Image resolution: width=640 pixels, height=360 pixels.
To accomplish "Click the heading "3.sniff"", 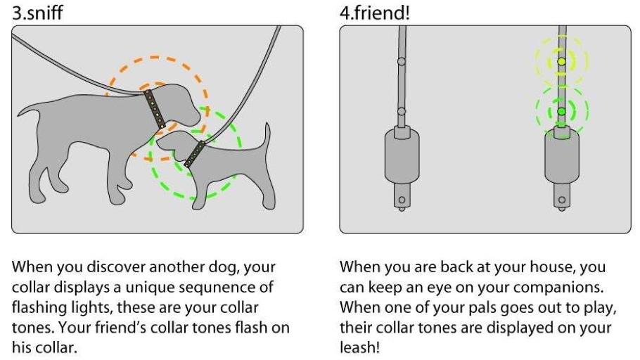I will pyautogui.click(x=37, y=12).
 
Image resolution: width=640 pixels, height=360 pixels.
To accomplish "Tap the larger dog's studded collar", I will pyautogui.click(x=155, y=108).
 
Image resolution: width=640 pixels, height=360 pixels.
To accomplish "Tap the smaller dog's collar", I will pyautogui.click(x=195, y=153).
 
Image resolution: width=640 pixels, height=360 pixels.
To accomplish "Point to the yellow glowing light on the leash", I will pyautogui.click(x=561, y=62).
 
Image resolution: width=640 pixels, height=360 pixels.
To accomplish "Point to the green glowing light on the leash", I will pyautogui.click(x=561, y=112).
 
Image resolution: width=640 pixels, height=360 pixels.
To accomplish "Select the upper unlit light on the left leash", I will pyautogui.click(x=402, y=62).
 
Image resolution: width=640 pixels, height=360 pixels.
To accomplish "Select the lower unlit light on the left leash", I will pyautogui.click(x=402, y=112).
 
